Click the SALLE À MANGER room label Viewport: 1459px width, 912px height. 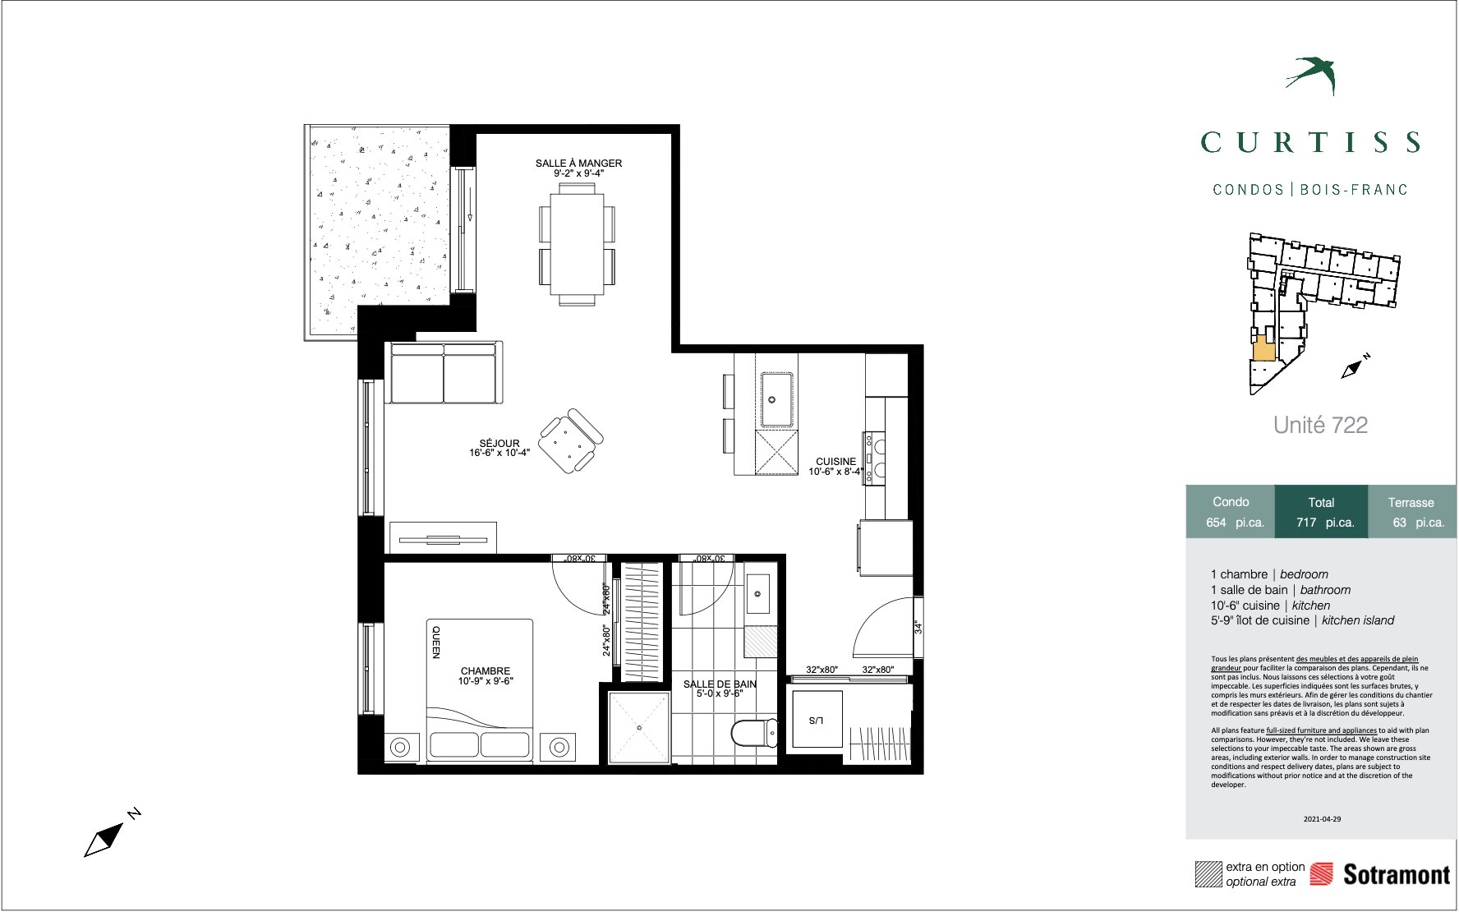(x=578, y=164)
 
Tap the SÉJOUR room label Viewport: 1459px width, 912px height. (x=499, y=444)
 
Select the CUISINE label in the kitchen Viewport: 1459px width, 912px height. (x=835, y=462)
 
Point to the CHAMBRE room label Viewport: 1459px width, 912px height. (x=486, y=671)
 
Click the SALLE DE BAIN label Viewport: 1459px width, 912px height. (x=720, y=684)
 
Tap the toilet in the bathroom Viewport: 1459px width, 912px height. (x=753, y=732)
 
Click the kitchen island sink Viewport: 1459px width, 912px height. (x=776, y=399)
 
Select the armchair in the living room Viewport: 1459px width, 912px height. (x=571, y=441)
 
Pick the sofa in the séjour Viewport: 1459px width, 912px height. (x=444, y=373)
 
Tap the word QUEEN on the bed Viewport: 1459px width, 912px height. (x=436, y=643)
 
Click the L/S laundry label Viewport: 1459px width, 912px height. (x=815, y=721)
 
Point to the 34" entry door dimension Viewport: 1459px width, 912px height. (x=918, y=628)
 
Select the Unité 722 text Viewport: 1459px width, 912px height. (x=1320, y=425)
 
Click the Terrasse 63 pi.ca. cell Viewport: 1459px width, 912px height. (x=1411, y=512)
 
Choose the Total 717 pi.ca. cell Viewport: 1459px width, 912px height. (x=1321, y=512)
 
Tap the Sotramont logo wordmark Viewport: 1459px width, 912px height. (x=1397, y=874)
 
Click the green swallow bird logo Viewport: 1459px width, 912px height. (x=1314, y=74)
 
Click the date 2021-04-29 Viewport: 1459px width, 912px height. (x=1322, y=818)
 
